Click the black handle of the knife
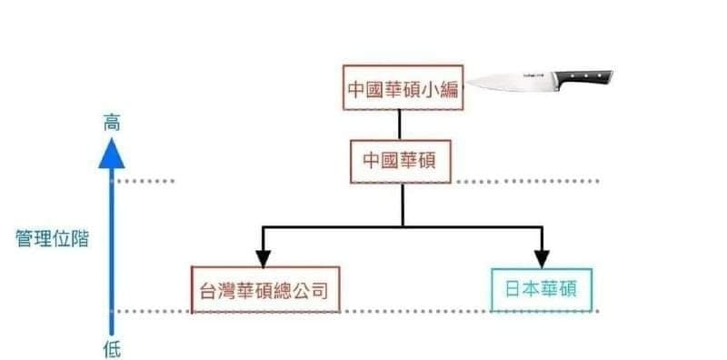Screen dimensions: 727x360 click(583, 77)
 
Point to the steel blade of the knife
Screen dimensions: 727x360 click(511, 82)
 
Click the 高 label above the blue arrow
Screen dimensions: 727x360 click(111, 124)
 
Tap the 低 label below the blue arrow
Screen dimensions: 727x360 click(112, 349)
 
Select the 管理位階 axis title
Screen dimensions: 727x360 click(52, 239)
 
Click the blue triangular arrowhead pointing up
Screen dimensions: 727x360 click(111, 154)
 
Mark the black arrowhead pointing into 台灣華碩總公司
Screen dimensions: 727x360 click(263, 258)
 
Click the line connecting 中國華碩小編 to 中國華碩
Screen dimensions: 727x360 click(399, 125)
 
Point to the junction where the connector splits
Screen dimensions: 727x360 click(403, 227)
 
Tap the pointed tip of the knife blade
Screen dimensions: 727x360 click(467, 84)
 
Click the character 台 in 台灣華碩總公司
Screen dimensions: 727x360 click(208, 291)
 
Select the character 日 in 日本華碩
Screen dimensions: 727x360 click(513, 289)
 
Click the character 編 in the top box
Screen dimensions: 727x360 click(449, 88)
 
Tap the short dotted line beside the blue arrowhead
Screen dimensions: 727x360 click(145, 181)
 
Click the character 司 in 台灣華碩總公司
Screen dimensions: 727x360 click(320, 291)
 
